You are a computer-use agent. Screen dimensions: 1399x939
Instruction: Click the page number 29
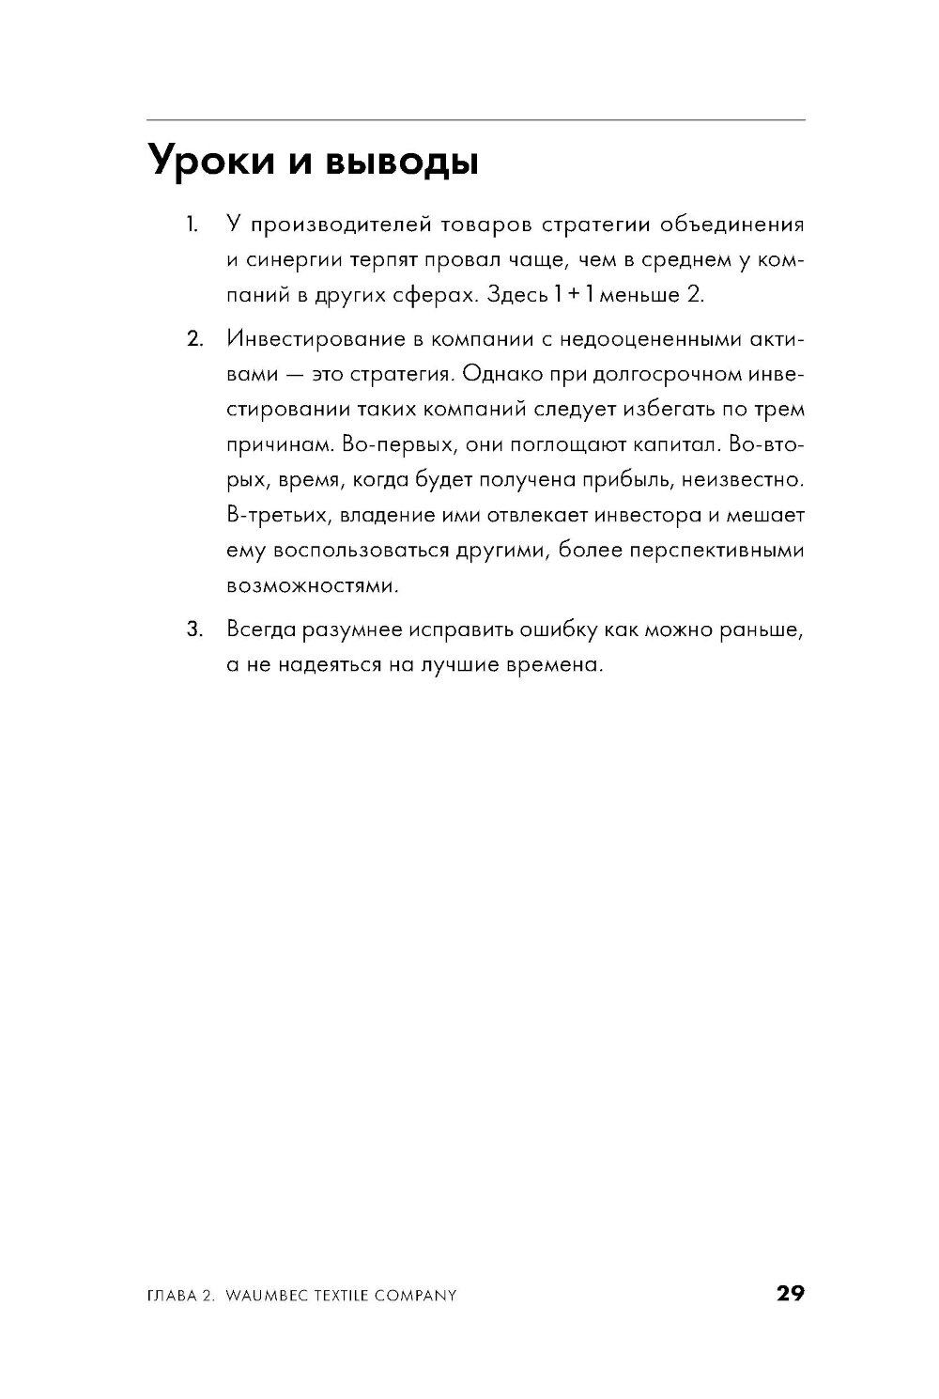[x=790, y=1294]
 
